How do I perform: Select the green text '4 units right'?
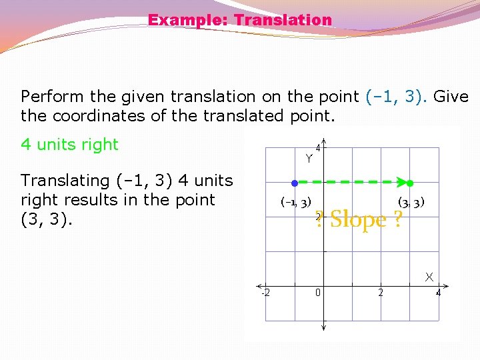pyautogui.click(x=69, y=145)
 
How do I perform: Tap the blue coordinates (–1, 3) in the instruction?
pyautogui.click(x=397, y=97)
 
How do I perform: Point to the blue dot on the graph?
pyautogui.click(x=294, y=182)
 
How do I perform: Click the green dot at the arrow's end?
pyautogui.click(x=410, y=183)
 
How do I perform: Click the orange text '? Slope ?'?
pyautogui.click(x=359, y=219)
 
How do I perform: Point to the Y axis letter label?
pyautogui.click(x=309, y=159)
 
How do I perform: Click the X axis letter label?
pyautogui.click(x=429, y=276)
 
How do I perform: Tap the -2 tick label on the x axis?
pyautogui.click(x=265, y=293)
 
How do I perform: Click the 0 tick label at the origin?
pyautogui.click(x=319, y=293)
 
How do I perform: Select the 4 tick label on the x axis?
pyautogui.click(x=438, y=293)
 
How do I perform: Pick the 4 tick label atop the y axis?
pyautogui.click(x=319, y=148)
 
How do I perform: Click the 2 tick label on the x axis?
pyautogui.click(x=381, y=293)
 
